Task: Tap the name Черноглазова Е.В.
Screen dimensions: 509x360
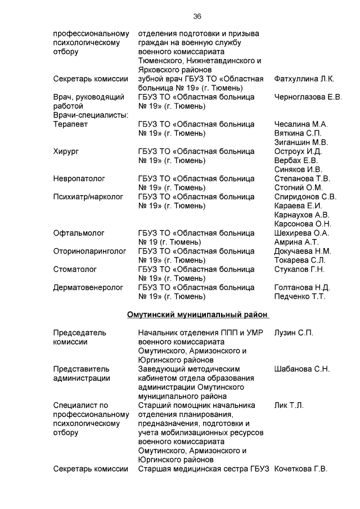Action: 308,97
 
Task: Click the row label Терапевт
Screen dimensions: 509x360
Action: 71,124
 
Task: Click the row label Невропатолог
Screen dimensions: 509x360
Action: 79,178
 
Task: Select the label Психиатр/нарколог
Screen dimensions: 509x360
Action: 88,196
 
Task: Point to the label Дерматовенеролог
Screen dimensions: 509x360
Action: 88,287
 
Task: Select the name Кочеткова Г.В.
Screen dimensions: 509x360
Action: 301,469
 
